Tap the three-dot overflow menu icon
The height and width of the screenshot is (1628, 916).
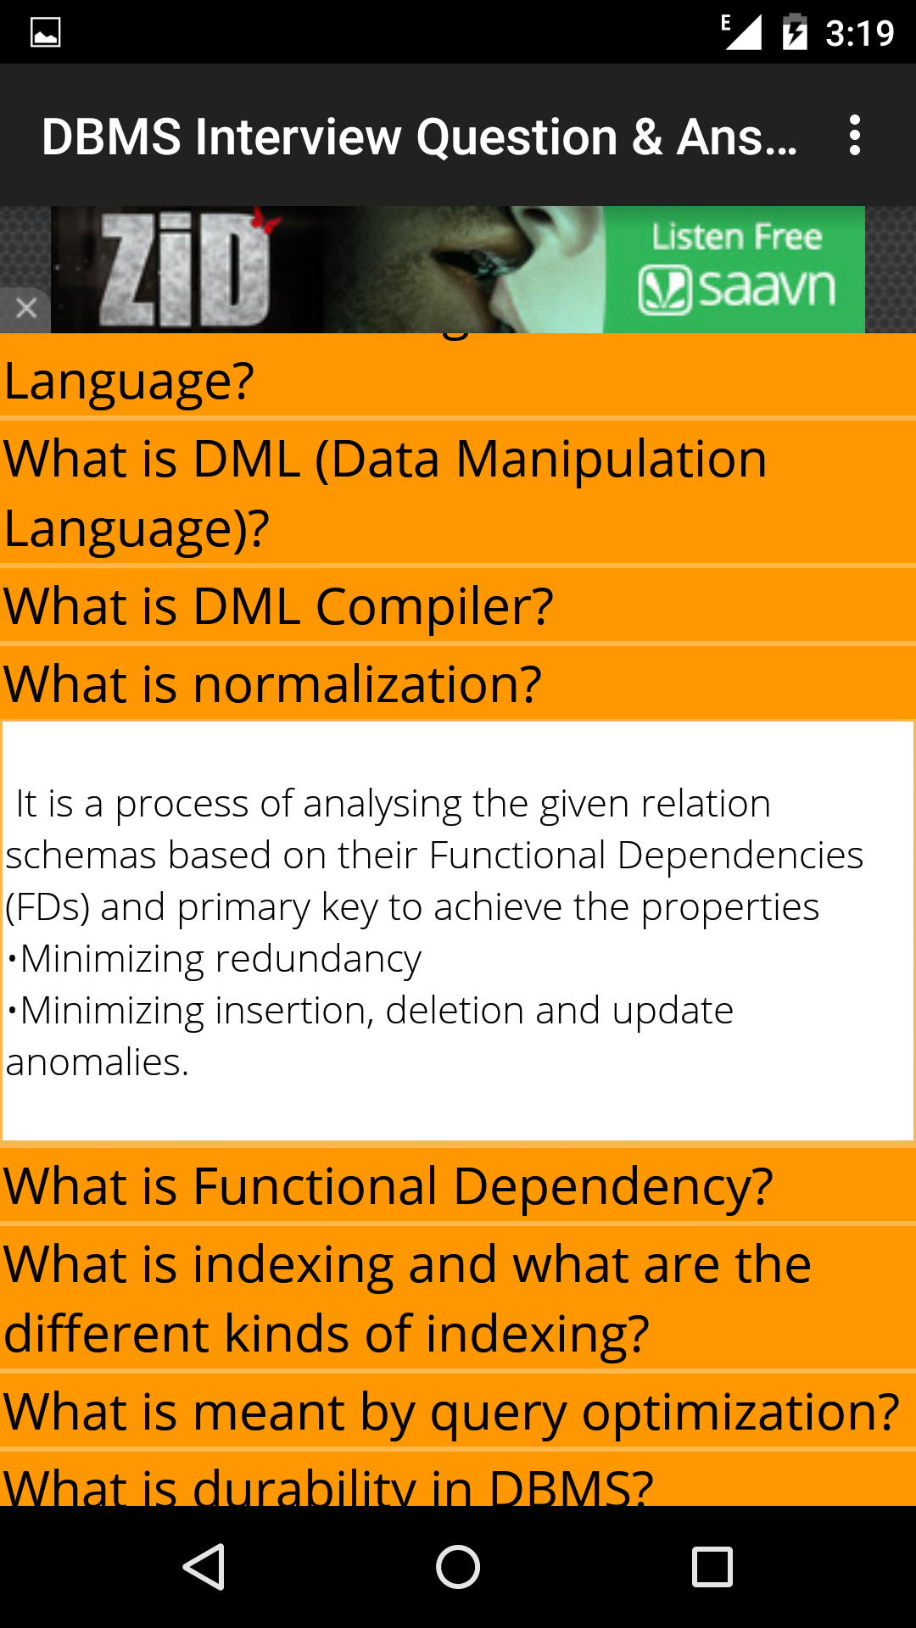[x=855, y=136]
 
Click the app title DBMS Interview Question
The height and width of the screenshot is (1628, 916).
[x=330, y=137]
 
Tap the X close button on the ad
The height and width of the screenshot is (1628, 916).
[x=25, y=308]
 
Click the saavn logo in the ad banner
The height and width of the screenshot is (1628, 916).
[x=736, y=288]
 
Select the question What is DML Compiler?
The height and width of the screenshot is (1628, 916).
[x=278, y=606]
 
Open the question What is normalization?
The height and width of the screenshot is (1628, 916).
[x=272, y=684]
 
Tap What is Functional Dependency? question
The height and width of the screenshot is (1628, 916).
[x=388, y=1185]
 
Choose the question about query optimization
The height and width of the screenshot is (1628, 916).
[x=451, y=1412]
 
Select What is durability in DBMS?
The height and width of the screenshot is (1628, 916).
[x=328, y=1486]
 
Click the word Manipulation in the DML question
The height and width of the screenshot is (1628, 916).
[x=611, y=460]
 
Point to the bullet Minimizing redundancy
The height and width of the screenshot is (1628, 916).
[x=214, y=959]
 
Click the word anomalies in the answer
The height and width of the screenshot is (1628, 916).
[x=97, y=1062]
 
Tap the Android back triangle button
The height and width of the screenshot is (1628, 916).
[x=204, y=1566]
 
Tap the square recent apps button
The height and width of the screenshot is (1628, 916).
[x=712, y=1566]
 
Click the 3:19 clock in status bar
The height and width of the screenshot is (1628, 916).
[x=859, y=33]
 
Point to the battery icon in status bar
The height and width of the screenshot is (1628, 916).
[x=795, y=32]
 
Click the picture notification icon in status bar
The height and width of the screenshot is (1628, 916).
[x=45, y=32]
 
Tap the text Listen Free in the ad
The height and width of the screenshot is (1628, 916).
[x=736, y=237]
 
